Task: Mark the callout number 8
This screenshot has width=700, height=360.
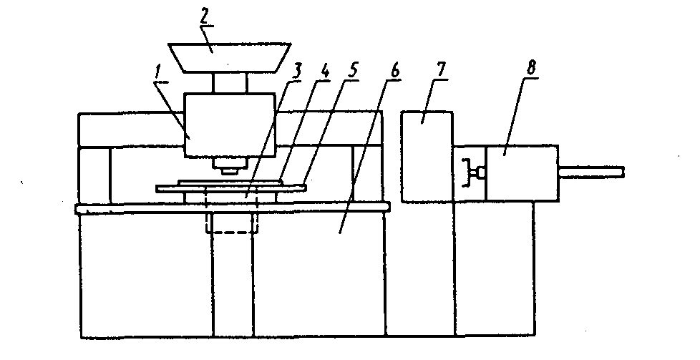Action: pyautogui.click(x=531, y=69)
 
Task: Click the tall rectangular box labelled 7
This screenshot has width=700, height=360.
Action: pyautogui.click(x=427, y=156)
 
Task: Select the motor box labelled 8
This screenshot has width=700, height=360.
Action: pyautogui.click(x=522, y=173)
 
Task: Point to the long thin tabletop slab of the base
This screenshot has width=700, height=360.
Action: pyautogui.click(x=232, y=208)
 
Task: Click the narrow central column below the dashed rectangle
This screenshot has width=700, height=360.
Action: pyautogui.click(x=231, y=286)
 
